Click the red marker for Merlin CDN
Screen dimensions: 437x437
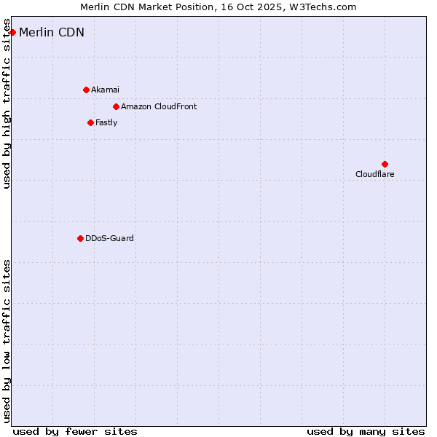(12, 32)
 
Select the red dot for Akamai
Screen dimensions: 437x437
(86, 90)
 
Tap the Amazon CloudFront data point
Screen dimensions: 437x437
(116, 106)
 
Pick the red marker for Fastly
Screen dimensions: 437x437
(90, 122)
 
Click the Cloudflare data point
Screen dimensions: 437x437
(385, 164)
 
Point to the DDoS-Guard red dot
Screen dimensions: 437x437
(80, 238)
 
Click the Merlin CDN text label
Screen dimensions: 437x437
(52, 32)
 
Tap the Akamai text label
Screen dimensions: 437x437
(105, 90)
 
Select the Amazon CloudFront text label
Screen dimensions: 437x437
(159, 106)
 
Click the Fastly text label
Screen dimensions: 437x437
(106, 122)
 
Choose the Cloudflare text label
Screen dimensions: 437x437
(374, 174)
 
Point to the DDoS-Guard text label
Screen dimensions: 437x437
(109, 238)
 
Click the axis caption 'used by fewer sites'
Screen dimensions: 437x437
(75, 431)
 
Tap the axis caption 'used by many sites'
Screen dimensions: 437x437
(366, 431)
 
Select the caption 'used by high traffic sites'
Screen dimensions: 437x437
(7, 109)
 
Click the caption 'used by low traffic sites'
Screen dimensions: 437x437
(7, 341)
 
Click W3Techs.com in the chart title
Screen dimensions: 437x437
(327, 7)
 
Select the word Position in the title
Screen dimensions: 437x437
(196, 7)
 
